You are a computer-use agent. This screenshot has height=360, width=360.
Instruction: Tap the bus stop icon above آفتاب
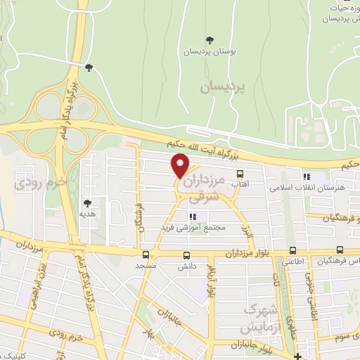pos(240,174)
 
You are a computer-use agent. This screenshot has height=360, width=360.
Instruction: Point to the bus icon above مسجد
pos(146,255)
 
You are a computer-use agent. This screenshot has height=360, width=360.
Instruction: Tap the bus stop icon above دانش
pos(186,255)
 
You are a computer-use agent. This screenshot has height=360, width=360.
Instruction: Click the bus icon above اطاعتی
pos(292,250)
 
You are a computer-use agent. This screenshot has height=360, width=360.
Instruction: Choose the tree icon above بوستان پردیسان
pos(210,40)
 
